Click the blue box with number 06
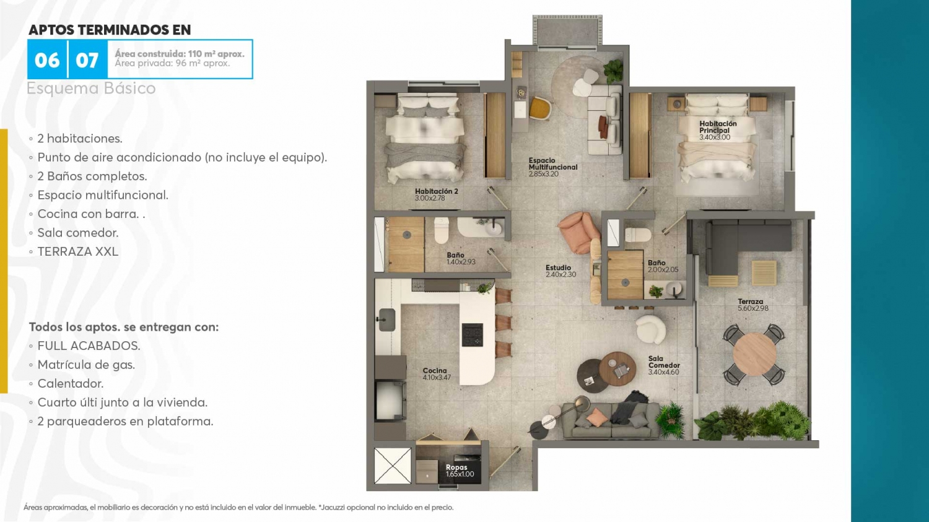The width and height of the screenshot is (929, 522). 47,59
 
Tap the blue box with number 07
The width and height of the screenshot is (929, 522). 87,59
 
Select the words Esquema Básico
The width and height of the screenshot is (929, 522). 91,88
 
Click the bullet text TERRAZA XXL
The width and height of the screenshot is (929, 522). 78,251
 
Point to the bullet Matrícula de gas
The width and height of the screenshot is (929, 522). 86,365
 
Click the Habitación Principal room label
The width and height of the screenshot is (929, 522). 718,130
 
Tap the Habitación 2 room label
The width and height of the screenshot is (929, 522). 436,194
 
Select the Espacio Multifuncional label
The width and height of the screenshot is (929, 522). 553,167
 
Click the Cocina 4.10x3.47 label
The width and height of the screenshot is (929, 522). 437,373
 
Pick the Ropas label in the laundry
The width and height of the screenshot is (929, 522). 460,471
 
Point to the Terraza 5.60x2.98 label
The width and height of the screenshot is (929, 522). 752,305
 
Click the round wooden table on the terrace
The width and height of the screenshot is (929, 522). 754,354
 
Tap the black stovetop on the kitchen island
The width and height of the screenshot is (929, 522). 473,334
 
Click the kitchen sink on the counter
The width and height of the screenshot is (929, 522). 386,320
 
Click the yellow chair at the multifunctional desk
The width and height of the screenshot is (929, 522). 541,108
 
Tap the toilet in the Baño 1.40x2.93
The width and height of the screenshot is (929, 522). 441,230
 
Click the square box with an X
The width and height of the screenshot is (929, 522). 392,465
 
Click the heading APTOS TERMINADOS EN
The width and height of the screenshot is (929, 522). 110,30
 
